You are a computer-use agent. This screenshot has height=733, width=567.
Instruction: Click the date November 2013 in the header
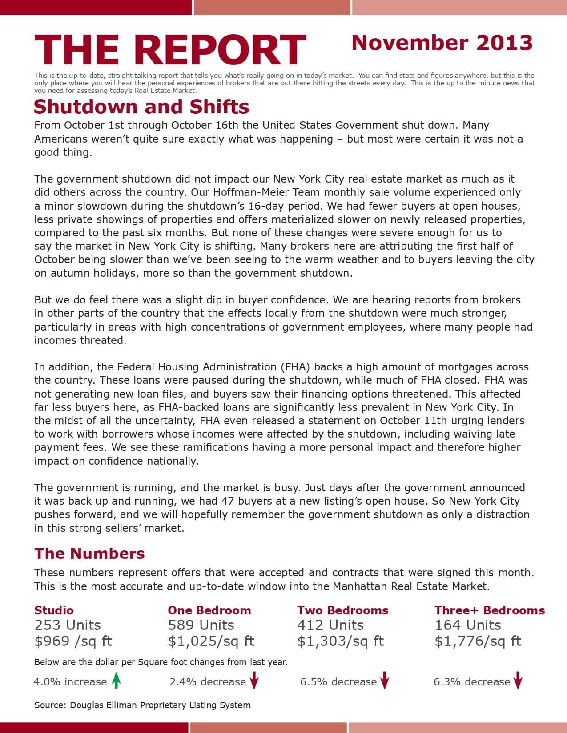(442, 43)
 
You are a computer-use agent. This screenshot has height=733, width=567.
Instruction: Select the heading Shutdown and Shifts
(141, 107)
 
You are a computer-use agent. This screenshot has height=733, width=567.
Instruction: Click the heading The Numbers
(89, 554)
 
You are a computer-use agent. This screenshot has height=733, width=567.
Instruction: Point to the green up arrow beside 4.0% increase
(116, 681)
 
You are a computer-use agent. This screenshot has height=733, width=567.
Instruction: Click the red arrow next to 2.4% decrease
(254, 681)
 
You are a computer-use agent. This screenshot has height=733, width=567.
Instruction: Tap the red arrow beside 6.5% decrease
(385, 681)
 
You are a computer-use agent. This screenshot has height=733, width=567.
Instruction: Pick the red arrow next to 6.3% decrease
(518, 681)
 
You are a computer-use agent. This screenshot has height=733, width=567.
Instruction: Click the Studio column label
(54, 610)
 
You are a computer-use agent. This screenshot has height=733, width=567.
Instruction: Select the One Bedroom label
(209, 610)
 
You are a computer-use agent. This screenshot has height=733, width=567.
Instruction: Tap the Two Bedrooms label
(342, 610)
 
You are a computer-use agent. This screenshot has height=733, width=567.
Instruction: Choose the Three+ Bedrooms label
(489, 610)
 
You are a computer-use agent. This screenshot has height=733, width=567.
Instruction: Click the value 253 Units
(68, 625)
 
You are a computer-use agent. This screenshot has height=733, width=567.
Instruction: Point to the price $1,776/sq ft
(478, 641)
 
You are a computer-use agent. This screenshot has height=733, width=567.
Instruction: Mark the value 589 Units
(201, 625)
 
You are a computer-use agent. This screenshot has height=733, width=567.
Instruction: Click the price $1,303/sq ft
(340, 641)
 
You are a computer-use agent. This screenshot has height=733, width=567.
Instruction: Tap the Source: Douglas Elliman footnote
(142, 705)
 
